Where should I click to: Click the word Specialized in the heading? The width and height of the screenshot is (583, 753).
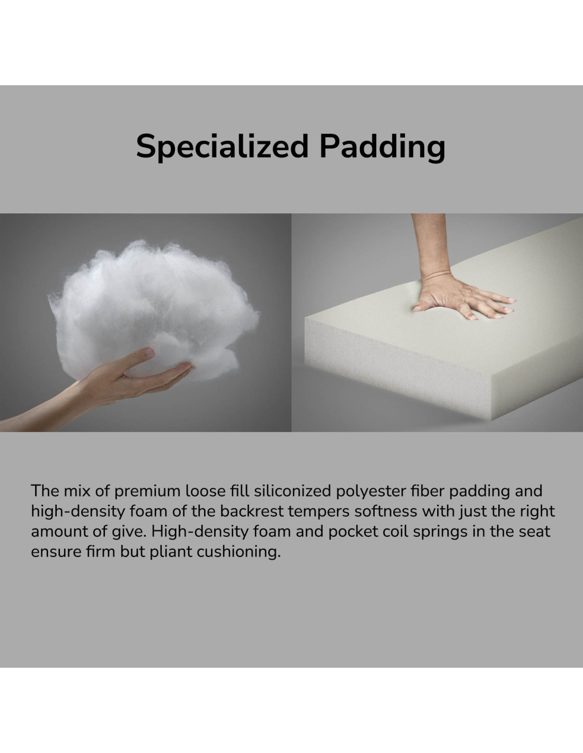[x=222, y=147]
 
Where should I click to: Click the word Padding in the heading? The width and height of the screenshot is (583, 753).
[x=383, y=147]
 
